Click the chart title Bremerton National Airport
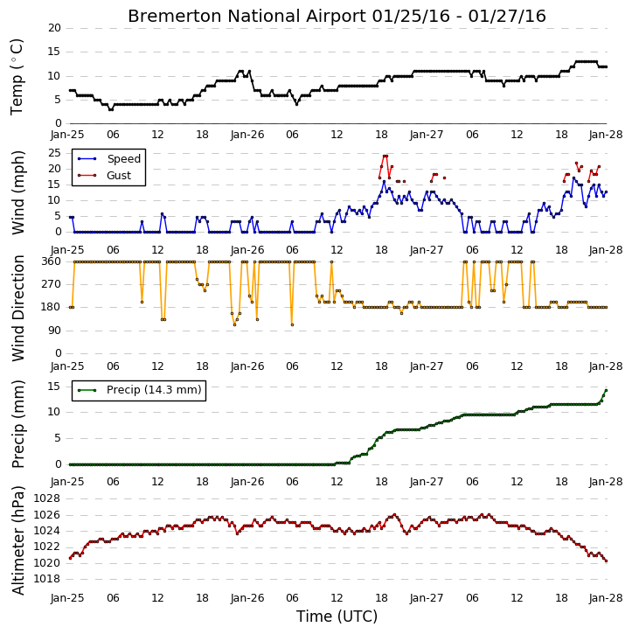click(247, 16)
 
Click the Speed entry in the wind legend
click(123, 159)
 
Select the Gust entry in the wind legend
click(119, 176)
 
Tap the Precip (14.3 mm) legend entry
click(154, 390)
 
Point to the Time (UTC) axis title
click(337, 617)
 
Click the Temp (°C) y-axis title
click(17, 77)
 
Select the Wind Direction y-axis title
click(18, 308)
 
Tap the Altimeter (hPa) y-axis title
click(18, 540)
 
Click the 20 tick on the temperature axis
click(54, 28)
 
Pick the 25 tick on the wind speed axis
click(54, 153)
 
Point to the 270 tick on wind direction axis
click(52, 284)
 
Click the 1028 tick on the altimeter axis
click(47, 498)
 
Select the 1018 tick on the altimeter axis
click(47, 579)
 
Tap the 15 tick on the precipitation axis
click(54, 387)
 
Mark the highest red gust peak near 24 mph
click(385, 156)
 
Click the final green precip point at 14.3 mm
click(606, 391)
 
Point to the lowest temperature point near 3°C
click(110, 109)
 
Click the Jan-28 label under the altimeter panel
click(605, 598)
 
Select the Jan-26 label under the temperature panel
click(247, 135)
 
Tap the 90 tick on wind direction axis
click(54, 331)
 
